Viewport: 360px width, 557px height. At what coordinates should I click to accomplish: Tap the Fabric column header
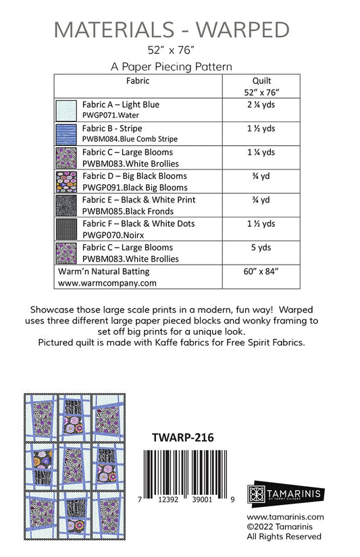[x=137, y=81]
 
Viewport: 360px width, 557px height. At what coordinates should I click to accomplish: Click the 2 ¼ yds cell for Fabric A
[x=261, y=105]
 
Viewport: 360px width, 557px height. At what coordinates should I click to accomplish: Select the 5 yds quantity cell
[x=261, y=247]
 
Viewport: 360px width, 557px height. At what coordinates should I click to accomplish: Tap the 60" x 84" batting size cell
[x=261, y=271]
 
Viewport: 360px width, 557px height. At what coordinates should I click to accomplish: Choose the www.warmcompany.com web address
[x=107, y=284]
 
